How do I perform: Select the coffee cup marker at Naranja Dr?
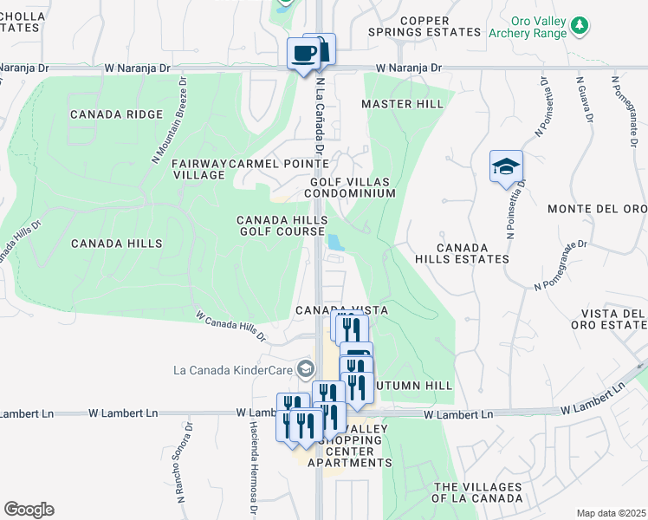coord(303,54)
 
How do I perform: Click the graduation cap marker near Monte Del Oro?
coord(506,166)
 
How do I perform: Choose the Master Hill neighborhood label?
coord(402,104)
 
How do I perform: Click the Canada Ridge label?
coord(116,114)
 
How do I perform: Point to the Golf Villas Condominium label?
coord(353,187)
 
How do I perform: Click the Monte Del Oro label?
coord(597,209)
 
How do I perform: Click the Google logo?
coord(29,510)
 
